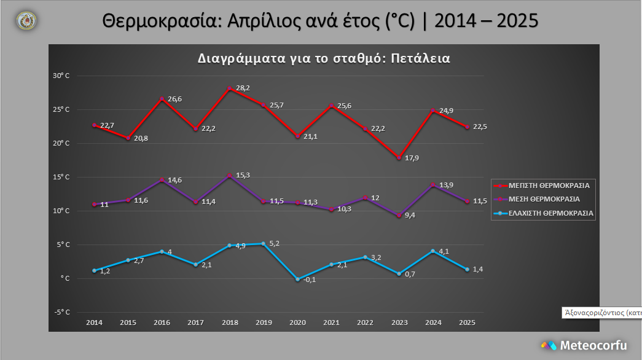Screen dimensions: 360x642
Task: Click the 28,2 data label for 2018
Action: click(243, 88)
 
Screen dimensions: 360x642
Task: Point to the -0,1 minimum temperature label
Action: click(310, 281)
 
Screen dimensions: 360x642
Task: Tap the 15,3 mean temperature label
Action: click(243, 175)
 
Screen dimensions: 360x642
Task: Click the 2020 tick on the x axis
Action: click(297, 323)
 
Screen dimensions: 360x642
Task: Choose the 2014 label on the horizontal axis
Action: click(94, 323)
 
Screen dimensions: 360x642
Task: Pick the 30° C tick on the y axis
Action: click(61, 76)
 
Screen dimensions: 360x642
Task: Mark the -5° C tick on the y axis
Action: click(61, 312)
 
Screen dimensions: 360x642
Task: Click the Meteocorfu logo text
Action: click(593, 345)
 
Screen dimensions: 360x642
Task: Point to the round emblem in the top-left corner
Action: click(26, 21)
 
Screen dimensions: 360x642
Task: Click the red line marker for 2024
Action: click(433, 111)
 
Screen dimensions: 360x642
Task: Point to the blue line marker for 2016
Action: click(162, 252)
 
